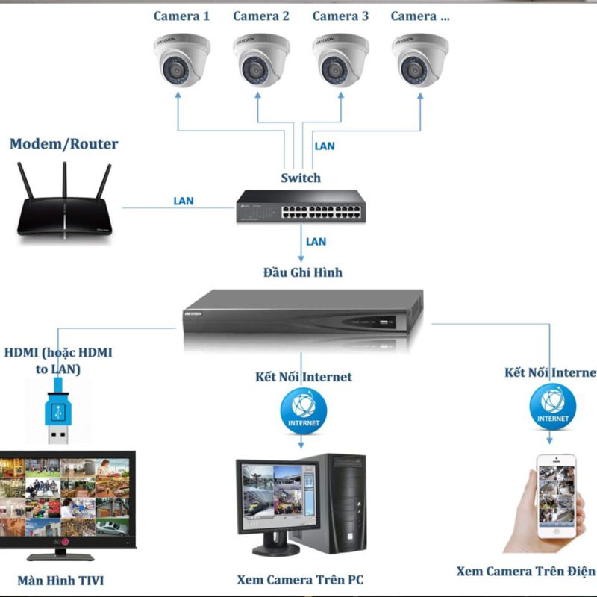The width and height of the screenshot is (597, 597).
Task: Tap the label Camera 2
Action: tap(260, 16)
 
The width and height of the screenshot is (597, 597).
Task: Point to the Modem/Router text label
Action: tap(64, 144)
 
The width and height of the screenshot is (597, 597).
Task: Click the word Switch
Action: tap(301, 178)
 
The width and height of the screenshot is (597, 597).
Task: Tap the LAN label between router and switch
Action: tap(183, 201)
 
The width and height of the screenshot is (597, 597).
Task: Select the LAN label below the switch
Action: tap(316, 241)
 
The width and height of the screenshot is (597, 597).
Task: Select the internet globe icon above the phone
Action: tap(552, 407)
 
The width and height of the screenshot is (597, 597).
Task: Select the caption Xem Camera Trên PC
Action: tap(300, 579)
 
